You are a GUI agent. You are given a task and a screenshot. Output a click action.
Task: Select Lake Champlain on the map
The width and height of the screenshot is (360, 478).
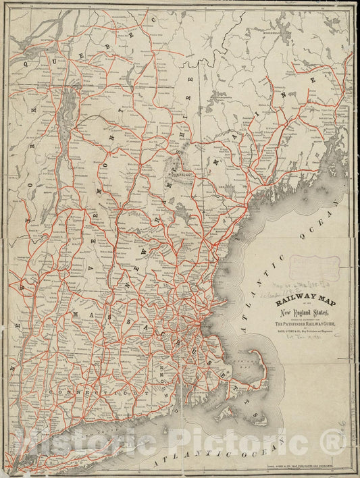point(67,111)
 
